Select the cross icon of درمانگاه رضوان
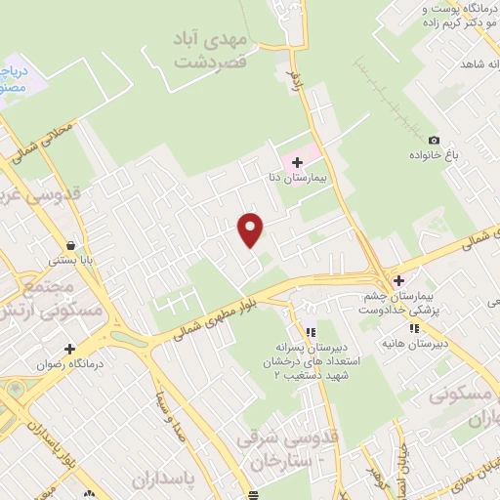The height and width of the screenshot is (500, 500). [69, 348]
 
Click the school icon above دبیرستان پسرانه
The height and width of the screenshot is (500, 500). [311, 331]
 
